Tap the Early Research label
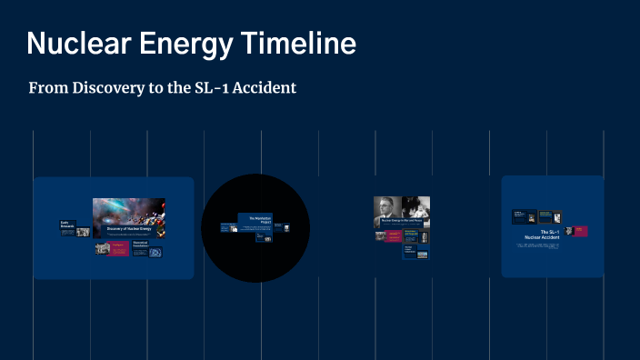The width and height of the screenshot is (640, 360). point(68,224)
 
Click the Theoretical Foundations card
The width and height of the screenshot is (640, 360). point(140,244)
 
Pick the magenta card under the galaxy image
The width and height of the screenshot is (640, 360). point(116,249)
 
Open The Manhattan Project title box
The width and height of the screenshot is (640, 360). point(255,221)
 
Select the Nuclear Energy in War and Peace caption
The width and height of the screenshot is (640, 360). point(401,221)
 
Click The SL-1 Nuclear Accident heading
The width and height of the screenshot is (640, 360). point(548,235)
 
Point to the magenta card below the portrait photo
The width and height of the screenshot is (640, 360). point(392,236)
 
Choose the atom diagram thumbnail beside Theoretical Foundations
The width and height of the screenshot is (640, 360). point(156,253)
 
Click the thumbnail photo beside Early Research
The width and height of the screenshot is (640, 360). point(83,232)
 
